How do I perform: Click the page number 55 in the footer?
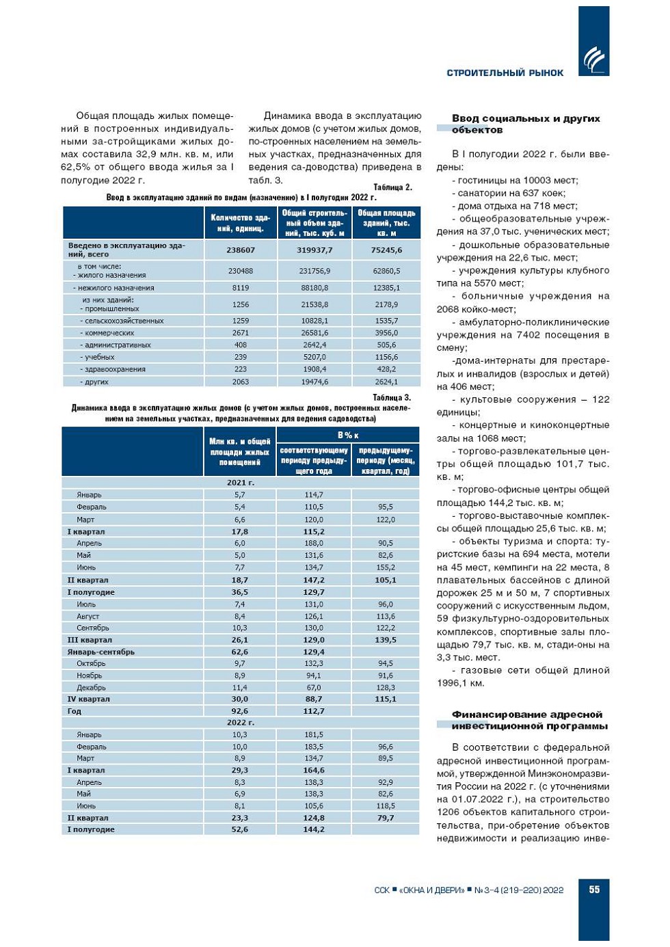[x=594, y=889]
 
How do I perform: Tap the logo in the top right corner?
[x=593, y=59]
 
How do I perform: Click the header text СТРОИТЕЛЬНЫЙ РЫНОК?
[x=505, y=73]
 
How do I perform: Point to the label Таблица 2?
[x=392, y=187]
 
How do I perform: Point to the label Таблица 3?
[x=392, y=397]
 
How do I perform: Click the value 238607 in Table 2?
[x=241, y=250]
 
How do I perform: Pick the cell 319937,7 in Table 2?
[x=314, y=250]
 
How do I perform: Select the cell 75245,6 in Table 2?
[x=386, y=250]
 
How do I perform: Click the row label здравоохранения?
[x=115, y=369]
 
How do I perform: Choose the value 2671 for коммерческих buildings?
[x=241, y=333]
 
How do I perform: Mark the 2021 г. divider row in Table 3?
[x=241, y=483]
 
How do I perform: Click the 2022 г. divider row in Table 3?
[x=241, y=723]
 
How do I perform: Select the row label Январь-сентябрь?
[x=100, y=652]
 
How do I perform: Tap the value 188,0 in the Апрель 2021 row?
[x=314, y=544]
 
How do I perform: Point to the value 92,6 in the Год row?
[x=240, y=711]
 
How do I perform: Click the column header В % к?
[x=348, y=436]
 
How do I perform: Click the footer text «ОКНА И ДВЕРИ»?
[x=432, y=890]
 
